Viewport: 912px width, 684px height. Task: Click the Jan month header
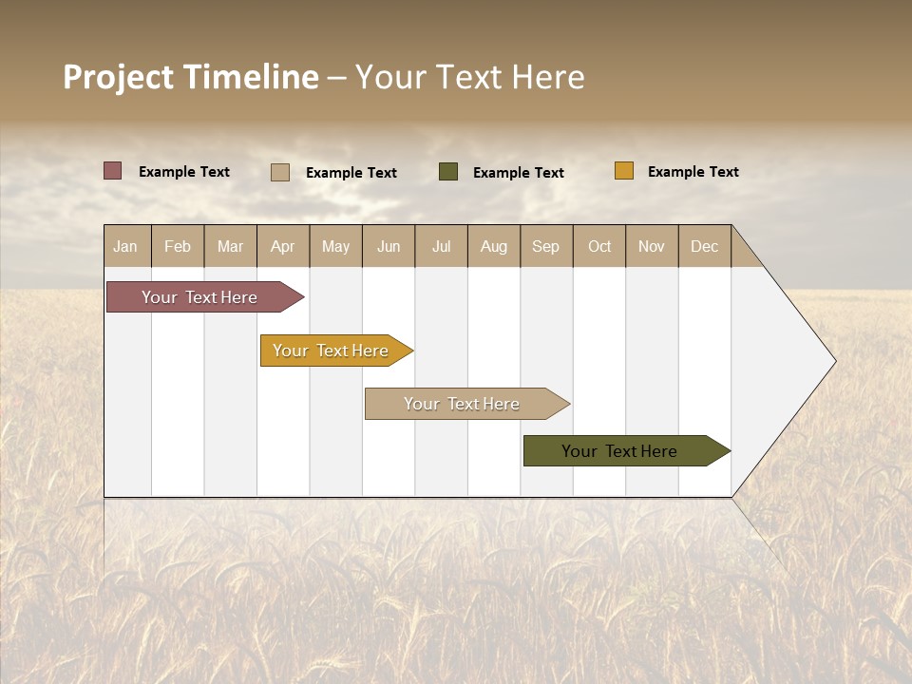click(x=125, y=246)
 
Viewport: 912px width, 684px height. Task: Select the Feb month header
click(x=178, y=246)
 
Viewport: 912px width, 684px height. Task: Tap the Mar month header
click(x=230, y=246)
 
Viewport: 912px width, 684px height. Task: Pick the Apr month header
click(x=283, y=246)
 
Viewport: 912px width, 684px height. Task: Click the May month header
click(x=335, y=246)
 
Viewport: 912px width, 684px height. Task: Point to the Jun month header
click(x=389, y=246)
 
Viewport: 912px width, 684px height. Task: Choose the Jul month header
click(x=441, y=246)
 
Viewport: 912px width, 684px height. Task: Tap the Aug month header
click(x=494, y=246)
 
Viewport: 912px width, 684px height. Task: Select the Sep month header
click(x=546, y=246)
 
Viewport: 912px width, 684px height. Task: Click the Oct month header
click(x=599, y=246)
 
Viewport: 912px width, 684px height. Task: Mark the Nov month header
click(x=652, y=246)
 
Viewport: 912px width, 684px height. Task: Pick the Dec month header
click(x=705, y=246)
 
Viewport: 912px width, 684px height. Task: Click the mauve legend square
click(x=113, y=171)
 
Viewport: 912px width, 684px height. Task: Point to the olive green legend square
click(x=448, y=171)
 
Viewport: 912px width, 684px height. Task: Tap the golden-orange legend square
click(x=624, y=171)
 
